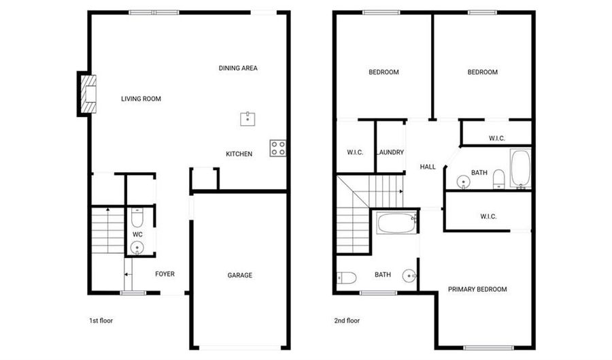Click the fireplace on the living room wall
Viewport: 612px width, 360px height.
88,94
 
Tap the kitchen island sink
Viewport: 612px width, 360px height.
248,119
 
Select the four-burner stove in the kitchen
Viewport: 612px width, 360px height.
277,148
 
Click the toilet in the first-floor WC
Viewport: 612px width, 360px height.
137,218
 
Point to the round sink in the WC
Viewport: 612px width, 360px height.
137,248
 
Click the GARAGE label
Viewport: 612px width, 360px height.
239,275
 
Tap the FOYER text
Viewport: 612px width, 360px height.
165,274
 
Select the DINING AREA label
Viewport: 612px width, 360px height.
238,68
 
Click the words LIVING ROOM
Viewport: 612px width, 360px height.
141,99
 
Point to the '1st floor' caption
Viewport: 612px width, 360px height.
101,321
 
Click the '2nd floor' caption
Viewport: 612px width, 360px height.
347,321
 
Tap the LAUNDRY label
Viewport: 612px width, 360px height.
390,152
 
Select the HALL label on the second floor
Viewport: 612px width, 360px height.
428,167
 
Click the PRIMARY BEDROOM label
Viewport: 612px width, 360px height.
477,289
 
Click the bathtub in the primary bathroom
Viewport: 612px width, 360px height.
397,223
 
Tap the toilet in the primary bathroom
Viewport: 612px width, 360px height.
347,278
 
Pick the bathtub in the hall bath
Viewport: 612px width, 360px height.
520,168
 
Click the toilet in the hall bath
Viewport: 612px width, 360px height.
499,179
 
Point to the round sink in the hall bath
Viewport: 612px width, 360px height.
463,182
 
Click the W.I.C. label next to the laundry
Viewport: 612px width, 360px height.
355,152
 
